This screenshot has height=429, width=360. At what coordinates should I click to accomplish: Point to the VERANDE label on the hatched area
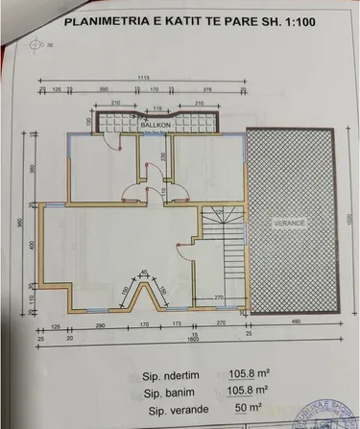coord(287,222)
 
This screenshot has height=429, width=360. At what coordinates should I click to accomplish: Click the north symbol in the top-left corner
coord(37,43)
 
